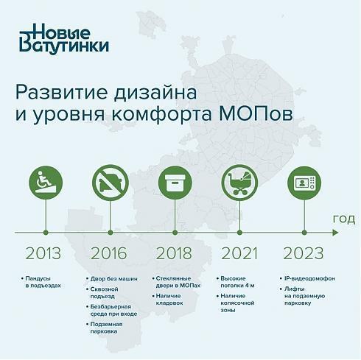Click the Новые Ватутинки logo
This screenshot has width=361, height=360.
pyautogui.click(x=64, y=38)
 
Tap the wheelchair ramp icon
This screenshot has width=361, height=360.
pyautogui.click(x=46, y=183)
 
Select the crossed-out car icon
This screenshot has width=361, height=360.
pyautogui.click(x=111, y=183)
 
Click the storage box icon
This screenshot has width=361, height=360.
pyautogui.click(x=175, y=183)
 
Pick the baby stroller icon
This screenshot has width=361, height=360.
pyautogui.click(x=239, y=183)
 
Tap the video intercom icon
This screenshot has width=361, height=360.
pyautogui.click(x=304, y=183)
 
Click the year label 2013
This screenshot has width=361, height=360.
pyautogui.click(x=43, y=253)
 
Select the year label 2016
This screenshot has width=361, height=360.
pyautogui.click(x=109, y=253)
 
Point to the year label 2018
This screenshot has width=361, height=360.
pyautogui.click(x=174, y=253)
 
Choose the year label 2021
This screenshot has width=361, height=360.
pyautogui.click(x=239, y=253)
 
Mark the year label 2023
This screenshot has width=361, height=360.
pyautogui.click(x=304, y=253)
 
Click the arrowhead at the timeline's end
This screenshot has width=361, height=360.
pyautogui.click(x=335, y=233)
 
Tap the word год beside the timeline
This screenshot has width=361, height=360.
pyautogui.click(x=344, y=219)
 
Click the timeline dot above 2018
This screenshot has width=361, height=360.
pyautogui.click(x=175, y=233)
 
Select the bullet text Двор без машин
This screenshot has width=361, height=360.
pyautogui.click(x=114, y=279)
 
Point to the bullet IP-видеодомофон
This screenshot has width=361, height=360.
pyautogui.click(x=309, y=278)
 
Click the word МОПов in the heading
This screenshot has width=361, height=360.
pyautogui.click(x=256, y=114)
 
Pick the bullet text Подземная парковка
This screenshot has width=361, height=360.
pyautogui.click(x=106, y=328)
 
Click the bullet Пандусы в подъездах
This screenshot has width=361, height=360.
pyautogui.click(x=43, y=282)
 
